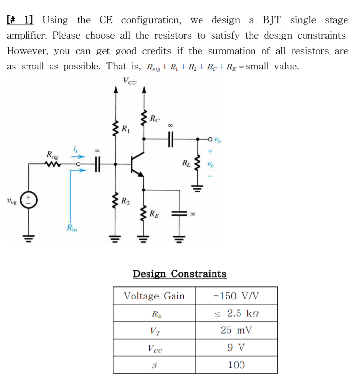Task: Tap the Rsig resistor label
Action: (x=52, y=155)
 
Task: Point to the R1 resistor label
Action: (x=125, y=129)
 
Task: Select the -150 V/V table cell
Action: (x=236, y=296)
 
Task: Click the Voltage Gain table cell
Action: (x=154, y=296)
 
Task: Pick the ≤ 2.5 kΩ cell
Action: (x=236, y=313)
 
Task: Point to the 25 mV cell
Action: (x=236, y=330)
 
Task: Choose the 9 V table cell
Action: (x=236, y=348)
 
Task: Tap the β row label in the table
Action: (x=154, y=365)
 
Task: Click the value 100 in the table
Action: (x=236, y=365)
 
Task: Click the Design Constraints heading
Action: (x=179, y=274)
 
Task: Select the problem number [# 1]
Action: (x=20, y=20)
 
